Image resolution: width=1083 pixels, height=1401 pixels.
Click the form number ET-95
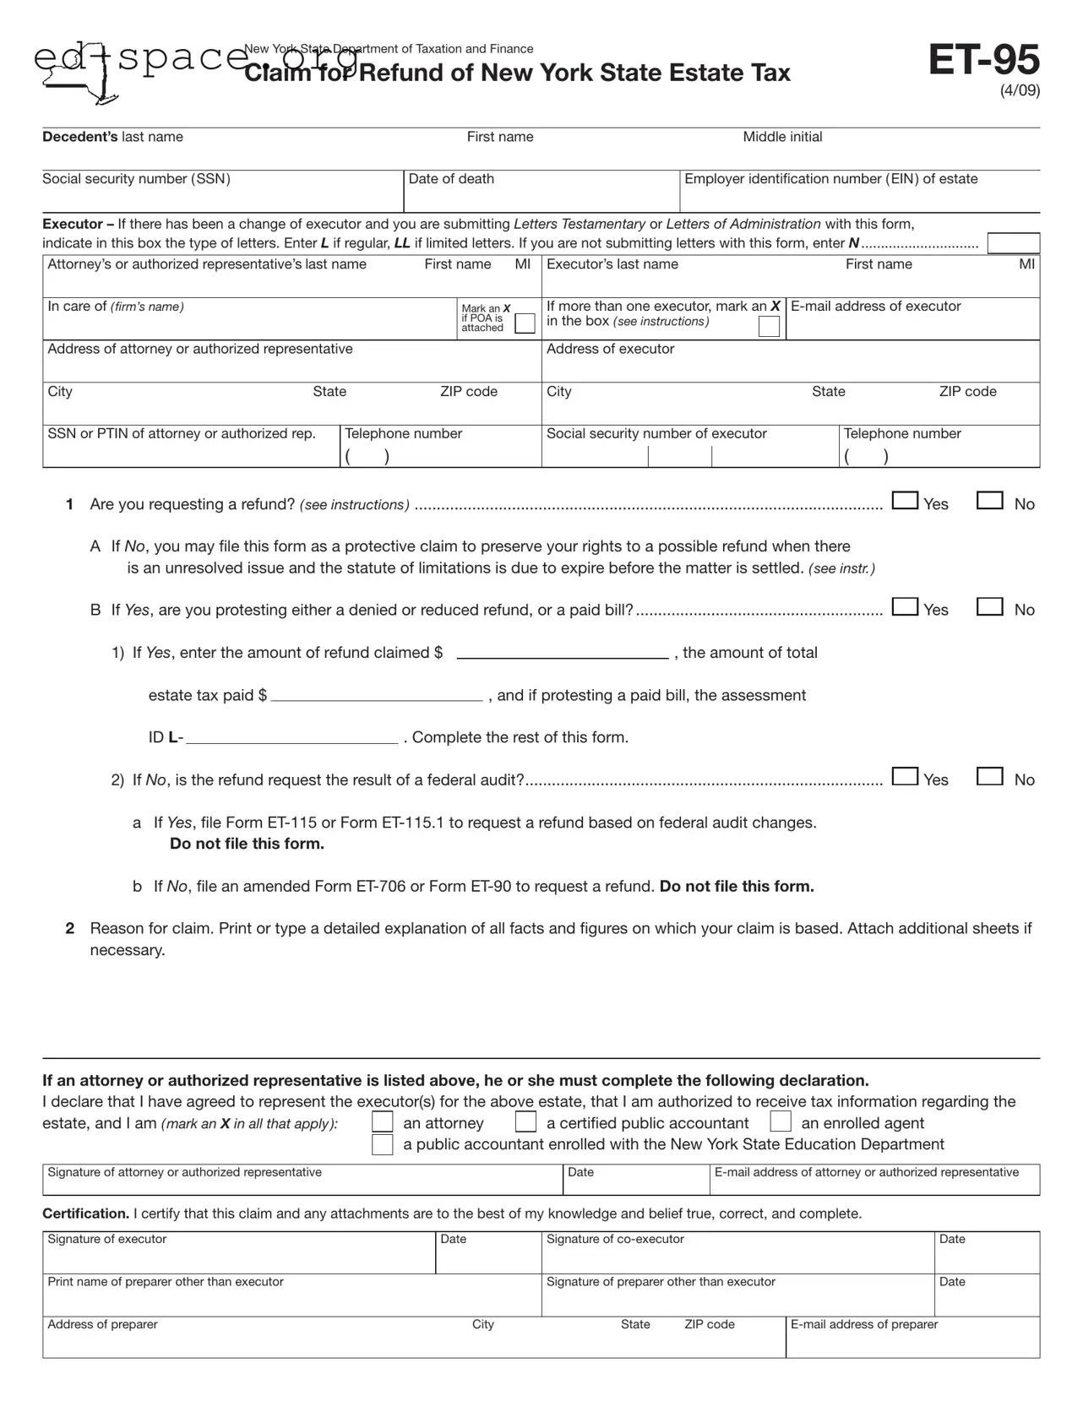[x=983, y=61]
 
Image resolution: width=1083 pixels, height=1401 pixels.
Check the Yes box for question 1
[x=905, y=501]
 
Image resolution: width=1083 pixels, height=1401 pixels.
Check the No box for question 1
[x=989, y=501]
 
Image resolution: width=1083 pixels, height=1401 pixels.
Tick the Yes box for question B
[x=905, y=606]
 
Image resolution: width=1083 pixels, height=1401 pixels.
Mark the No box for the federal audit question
[x=989, y=776]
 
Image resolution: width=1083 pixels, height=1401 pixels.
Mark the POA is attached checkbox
[x=525, y=323]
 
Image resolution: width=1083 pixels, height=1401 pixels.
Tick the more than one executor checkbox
[x=769, y=327]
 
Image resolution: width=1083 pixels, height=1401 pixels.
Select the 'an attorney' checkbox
[x=383, y=1122]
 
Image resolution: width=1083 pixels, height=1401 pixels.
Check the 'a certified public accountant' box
[x=525, y=1122]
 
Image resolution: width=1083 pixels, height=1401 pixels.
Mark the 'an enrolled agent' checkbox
[x=781, y=1122]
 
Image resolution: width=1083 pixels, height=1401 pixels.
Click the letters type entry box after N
[x=1013, y=243]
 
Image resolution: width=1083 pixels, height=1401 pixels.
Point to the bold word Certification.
[x=85, y=1214]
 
